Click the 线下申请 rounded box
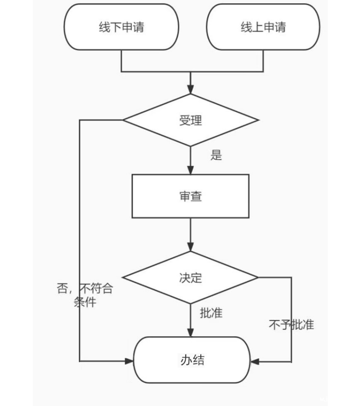[x=122, y=27]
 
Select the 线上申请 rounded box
[x=263, y=27]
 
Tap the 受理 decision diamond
[x=191, y=120]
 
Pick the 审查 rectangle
[x=191, y=196]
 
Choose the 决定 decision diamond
[x=191, y=277]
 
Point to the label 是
[x=216, y=155]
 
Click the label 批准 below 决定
[x=211, y=313]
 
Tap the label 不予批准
[x=291, y=325]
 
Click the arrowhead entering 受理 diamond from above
[x=191, y=90]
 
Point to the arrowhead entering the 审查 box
[x=191, y=170]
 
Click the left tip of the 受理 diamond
[x=123, y=120]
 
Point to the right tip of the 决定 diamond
[x=257, y=277]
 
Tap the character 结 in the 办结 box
[x=199, y=360]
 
